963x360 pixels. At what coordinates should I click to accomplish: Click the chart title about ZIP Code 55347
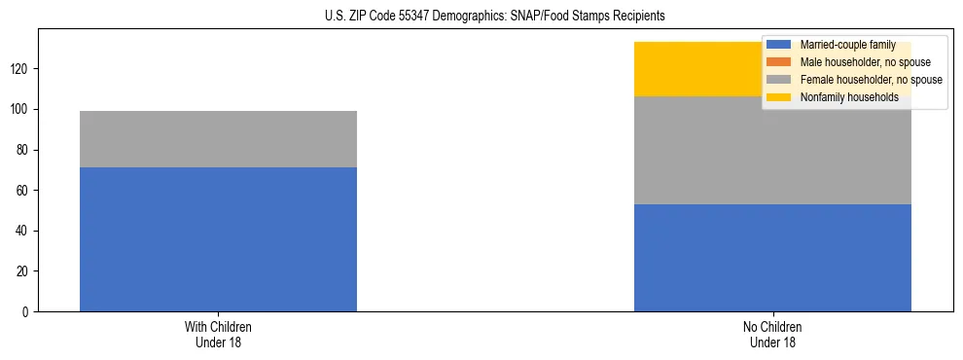495,17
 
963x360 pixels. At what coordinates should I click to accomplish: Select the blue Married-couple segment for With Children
218,239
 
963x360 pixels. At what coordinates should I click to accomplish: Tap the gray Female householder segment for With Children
218,139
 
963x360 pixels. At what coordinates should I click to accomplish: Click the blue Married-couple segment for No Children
772,258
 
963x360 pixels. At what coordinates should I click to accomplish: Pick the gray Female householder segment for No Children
772,150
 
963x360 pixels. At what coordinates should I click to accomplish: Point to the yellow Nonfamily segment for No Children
700,69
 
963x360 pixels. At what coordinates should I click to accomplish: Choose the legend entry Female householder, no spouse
871,80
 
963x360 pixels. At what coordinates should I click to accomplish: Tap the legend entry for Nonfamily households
849,97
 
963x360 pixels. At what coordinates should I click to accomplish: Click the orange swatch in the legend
779,62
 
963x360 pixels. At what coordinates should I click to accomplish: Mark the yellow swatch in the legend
779,97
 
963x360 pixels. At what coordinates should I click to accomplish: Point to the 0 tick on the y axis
27,312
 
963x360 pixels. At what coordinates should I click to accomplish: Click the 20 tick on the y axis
24,271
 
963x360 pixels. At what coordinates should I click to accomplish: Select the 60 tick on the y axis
24,191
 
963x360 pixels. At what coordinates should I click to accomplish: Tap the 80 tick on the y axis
24,150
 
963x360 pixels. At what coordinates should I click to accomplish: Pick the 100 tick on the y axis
21,110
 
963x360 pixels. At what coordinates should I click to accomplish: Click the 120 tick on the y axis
21,69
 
